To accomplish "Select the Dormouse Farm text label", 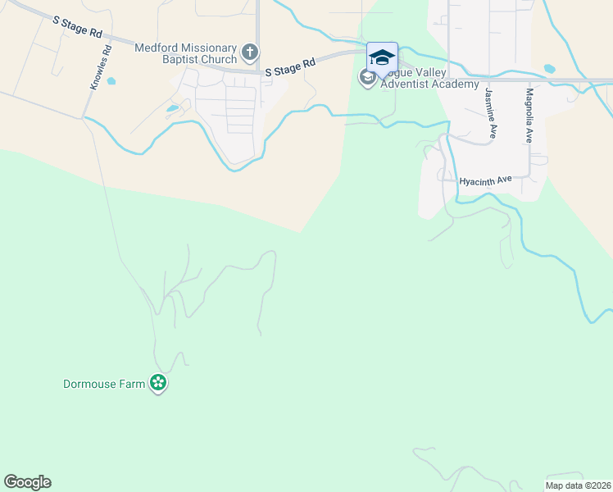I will tap(104, 384).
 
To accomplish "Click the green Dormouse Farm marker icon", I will tap(158, 383).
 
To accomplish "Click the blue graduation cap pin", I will tap(382, 57).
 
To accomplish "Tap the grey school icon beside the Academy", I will tap(367, 78).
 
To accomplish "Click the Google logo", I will tap(27, 482).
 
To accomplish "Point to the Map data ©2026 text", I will tap(578, 485).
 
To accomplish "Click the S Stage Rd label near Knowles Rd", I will tap(76, 28).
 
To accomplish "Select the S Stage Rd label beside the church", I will tap(291, 67).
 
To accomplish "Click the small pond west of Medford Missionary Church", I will tap(172, 108).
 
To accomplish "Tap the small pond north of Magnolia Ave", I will tap(549, 69).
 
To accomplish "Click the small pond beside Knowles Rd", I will tap(111, 81).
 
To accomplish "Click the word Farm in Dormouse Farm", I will tap(131, 384).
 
